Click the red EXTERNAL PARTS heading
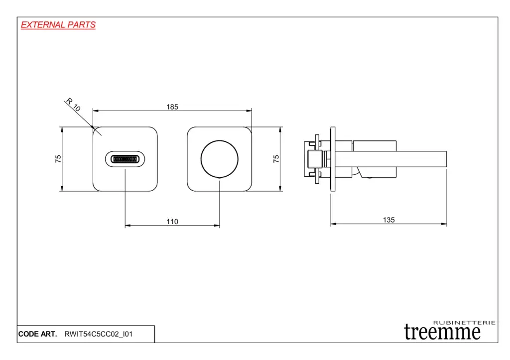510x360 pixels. click(x=58, y=25)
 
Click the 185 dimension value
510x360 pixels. click(x=172, y=107)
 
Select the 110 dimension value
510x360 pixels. click(x=172, y=222)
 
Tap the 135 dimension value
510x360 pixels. click(x=388, y=220)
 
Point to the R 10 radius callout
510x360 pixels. click(x=73, y=105)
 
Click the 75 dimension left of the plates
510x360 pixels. click(x=58, y=159)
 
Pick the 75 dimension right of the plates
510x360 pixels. click(x=276, y=159)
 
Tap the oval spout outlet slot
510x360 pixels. click(x=125, y=151)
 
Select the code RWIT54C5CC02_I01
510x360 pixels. click(x=99, y=334)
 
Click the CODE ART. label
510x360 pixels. click(x=37, y=334)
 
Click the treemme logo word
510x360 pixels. click(x=442, y=332)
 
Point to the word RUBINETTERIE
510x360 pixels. click(x=464, y=323)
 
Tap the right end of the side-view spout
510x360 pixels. click(x=447, y=159)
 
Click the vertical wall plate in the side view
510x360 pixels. click(x=333, y=159)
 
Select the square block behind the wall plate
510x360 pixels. click(x=315, y=159)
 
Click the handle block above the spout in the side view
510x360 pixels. click(x=375, y=146)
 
